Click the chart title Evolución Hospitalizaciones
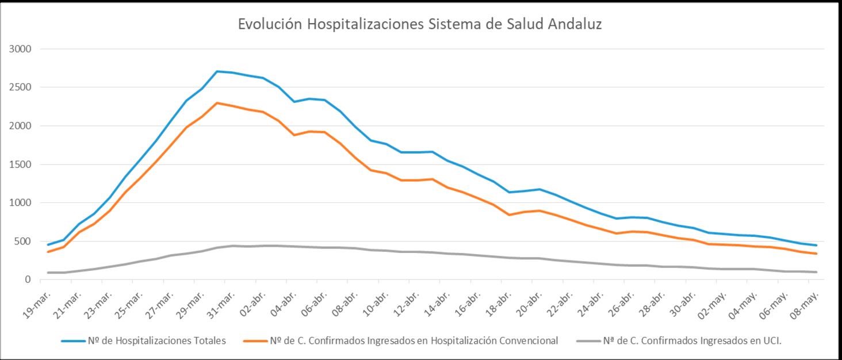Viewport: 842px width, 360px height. click(x=420, y=24)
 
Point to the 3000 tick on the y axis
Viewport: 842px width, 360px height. click(x=20, y=49)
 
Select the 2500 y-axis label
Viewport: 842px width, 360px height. click(x=20, y=87)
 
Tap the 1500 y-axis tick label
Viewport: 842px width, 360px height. click(x=20, y=164)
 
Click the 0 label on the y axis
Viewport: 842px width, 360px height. click(x=27, y=279)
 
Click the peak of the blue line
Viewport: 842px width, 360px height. click(x=217, y=71)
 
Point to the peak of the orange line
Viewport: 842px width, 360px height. click(x=217, y=103)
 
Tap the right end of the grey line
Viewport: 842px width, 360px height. click(x=817, y=272)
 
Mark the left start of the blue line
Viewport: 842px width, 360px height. click(x=48, y=244)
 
